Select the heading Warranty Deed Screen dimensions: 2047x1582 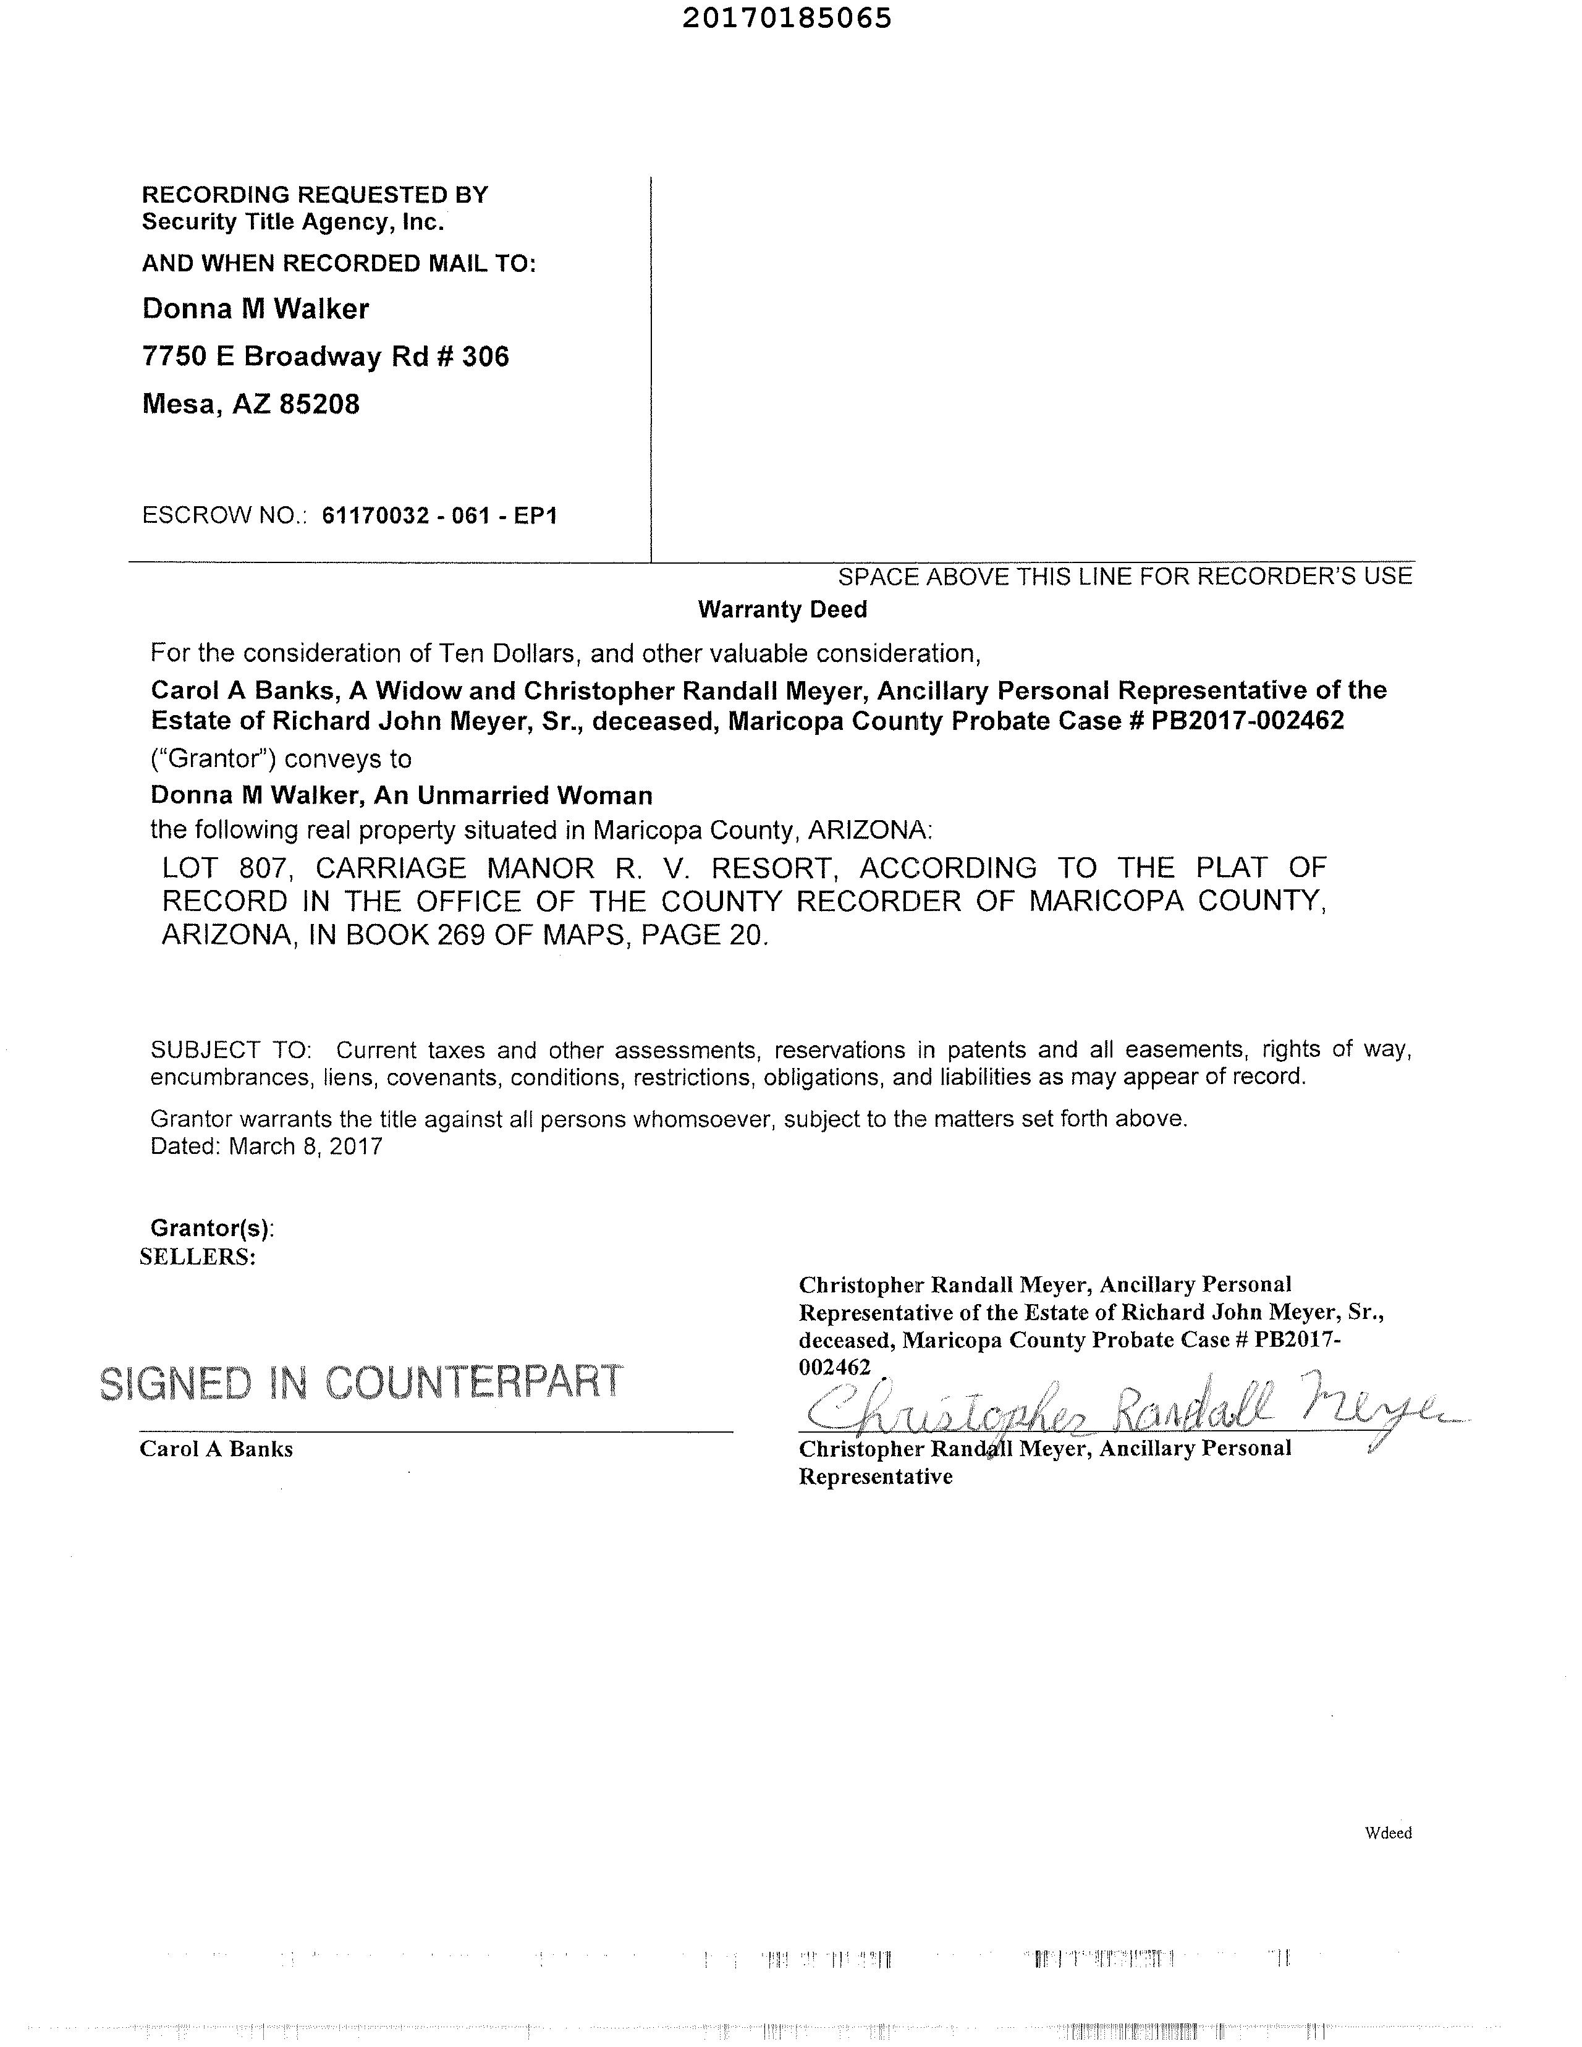coord(782,609)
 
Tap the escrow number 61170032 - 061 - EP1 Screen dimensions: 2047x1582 coord(439,515)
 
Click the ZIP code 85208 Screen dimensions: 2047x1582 coord(319,405)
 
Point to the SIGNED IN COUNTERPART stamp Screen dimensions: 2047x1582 coord(361,1383)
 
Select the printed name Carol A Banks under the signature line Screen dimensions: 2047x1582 coord(216,1449)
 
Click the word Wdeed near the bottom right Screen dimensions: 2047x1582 coord(1388,1833)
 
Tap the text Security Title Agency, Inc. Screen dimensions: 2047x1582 coord(292,222)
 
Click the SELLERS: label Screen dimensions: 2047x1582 coord(198,1257)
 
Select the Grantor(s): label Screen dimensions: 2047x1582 coord(213,1228)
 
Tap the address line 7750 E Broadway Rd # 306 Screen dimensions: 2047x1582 coord(325,357)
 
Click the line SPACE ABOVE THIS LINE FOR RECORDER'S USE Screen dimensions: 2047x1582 coord(1125,577)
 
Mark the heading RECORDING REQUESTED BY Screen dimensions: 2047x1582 coord(315,195)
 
